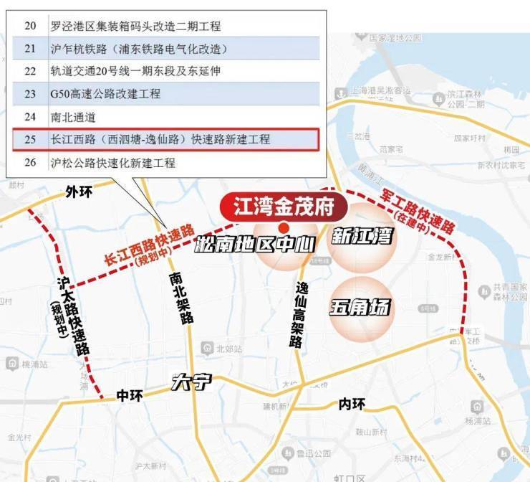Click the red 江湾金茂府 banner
pos(284,207)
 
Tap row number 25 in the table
pos(30,139)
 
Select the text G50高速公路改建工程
pos(105,94)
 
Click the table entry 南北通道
pos(72,117)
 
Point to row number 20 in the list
pos(30,26)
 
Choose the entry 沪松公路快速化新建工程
pos(112,163)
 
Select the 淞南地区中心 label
pos(255,244)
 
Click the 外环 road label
pos(79,192)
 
